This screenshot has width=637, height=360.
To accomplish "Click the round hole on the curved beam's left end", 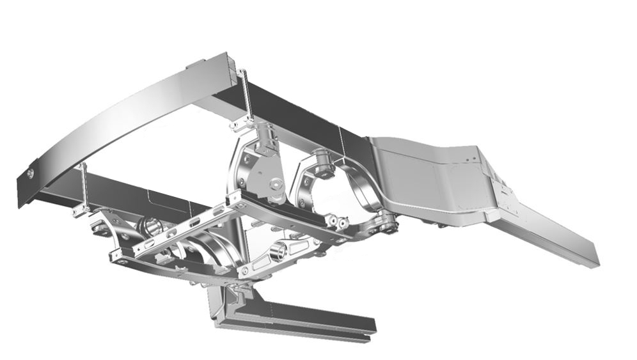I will pyautogui.click(x=31, y=173).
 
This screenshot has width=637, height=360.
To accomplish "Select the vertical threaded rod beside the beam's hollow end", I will pyautogui.click(x=245, y=96).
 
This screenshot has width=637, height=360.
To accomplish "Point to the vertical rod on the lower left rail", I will pyautogui.click(x=84, y=185).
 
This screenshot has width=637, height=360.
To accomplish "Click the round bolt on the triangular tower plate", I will pyautogui.click(x=276, y=185).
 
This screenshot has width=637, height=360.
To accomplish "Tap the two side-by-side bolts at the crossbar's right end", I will pyautogui.click(x=337, y=222).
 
